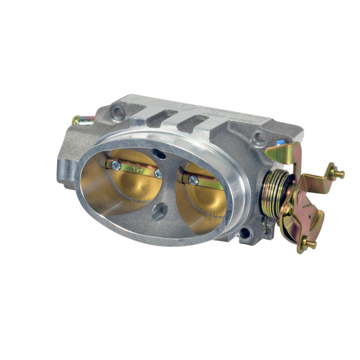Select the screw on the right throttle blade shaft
(193, 180)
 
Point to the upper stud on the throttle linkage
(335, 173)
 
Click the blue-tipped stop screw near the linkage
(281, 142)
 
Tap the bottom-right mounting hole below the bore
(245, 233)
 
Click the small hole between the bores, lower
(158, 212)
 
